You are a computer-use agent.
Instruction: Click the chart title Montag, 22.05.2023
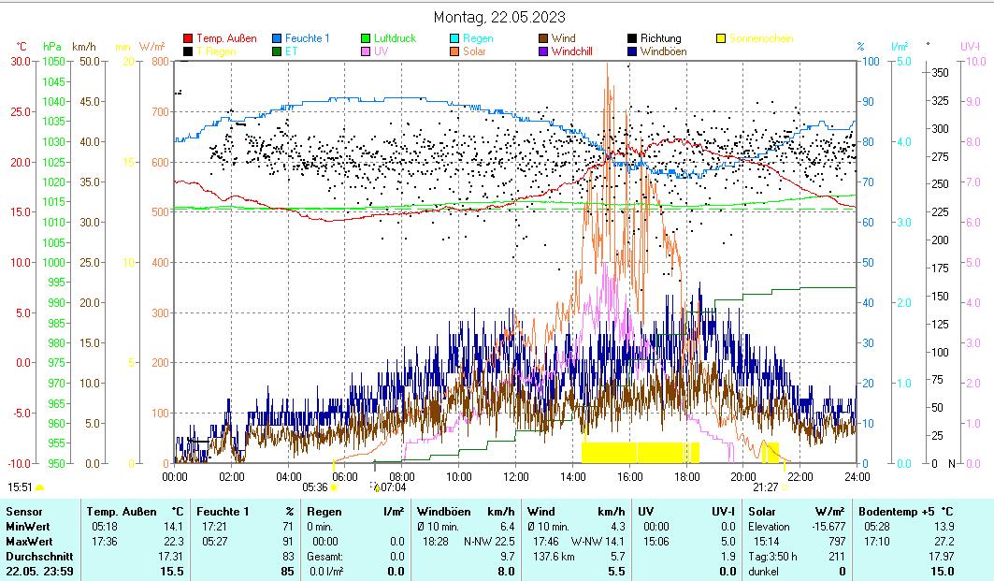point(499,17)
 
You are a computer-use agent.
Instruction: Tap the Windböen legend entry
point(663,51)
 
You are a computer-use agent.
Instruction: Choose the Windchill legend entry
point(578,51)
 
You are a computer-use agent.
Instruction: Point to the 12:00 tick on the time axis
point(515,476)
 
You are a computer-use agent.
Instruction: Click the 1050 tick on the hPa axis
point(54,61)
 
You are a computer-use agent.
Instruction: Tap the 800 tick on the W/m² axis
point(159,61)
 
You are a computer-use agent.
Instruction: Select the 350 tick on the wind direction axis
point(941,72)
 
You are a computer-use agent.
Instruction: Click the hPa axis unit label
point(52,46)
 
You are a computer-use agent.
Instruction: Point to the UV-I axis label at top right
point(971,46)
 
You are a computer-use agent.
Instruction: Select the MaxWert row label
point(28,541)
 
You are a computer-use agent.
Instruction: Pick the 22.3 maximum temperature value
point(172,541)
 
